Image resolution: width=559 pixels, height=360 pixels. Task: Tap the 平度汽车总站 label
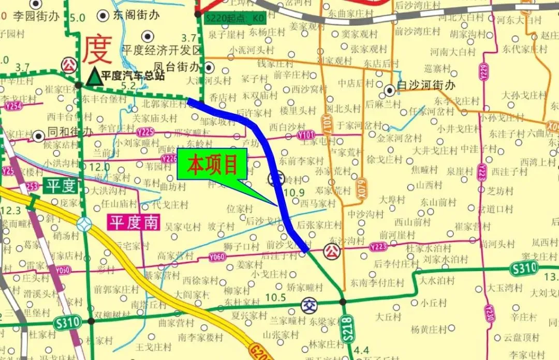(133, 76)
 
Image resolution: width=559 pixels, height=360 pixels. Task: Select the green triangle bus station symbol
(94, 77)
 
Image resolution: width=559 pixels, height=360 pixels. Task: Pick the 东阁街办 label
(136, 15)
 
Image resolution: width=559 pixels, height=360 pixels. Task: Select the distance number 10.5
(275, 297)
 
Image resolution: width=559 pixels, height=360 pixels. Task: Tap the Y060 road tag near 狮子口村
(217, 257)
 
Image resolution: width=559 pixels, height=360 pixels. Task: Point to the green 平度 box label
(62, 186)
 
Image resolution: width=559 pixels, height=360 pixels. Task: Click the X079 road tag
(361, 184)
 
